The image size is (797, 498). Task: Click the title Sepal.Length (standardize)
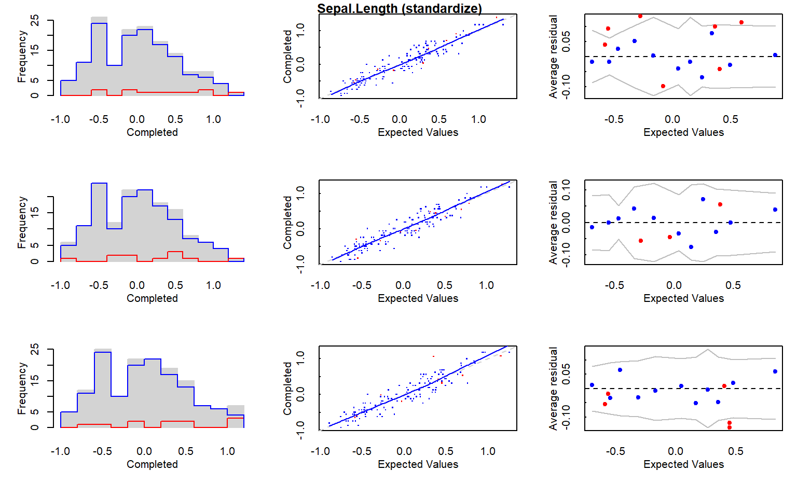coord(400,8)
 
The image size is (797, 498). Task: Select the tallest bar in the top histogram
coord(99,57)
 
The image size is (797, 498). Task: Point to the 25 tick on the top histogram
coord(35,20)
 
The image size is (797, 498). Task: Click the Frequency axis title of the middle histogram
coord(21,222)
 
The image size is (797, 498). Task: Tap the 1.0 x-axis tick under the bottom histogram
coord(227,451)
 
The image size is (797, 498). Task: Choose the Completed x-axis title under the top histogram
coord(152,132)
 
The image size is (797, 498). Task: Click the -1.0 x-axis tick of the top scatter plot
coord(320,119)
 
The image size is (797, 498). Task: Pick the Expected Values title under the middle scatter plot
coord(418,298)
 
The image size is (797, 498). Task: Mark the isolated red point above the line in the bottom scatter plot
coord(433,356)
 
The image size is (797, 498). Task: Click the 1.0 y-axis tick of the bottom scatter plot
coord(300,357)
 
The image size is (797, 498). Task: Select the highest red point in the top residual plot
coord(640,16)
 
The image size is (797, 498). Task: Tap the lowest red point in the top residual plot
coord(663,86)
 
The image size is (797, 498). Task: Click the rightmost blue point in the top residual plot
coord(775,55)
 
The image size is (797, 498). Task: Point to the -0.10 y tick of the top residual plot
coord(566,86)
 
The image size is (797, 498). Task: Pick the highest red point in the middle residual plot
coord(720,204)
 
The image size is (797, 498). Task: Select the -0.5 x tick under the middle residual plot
coord(614,285)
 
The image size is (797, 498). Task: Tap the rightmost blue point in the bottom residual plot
coord(775,371)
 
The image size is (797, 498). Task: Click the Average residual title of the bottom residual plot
coord(553,388)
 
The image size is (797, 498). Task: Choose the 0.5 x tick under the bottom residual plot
coord(736,451)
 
